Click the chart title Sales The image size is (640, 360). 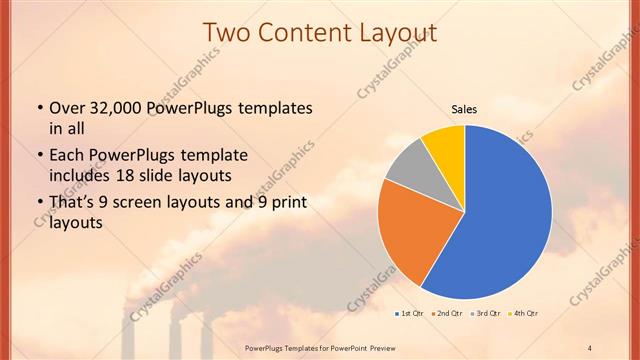pyautogui.click(x=464, y=109)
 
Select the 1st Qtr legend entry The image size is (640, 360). pyautogui.click(x=408, y=314)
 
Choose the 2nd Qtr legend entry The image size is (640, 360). pyautogui.click(x=446, y=314)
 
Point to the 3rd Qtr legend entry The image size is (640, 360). pyautogui.click(x=486, y=314)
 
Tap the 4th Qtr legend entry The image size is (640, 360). pyautogui.click(x=524, y=314)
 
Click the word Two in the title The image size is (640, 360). pyautogui.click(x=228, y=33)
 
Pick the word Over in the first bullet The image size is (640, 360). pyautogui.click(x=66, y=108)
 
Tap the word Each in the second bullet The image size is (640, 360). pyautogui.click(x=65, y=155)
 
